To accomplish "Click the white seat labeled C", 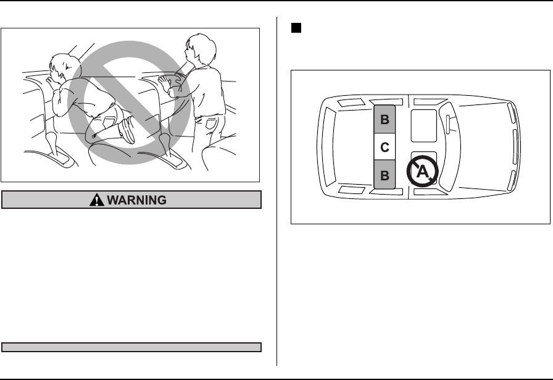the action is click(x=384, y=148).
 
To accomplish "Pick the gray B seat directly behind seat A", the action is click(x=384, y=175).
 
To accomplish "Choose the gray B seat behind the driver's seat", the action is click(x=384, y=120).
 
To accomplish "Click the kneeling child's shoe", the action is click(x=128, y=130).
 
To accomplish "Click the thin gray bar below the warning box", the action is click(x=132, y=347).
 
